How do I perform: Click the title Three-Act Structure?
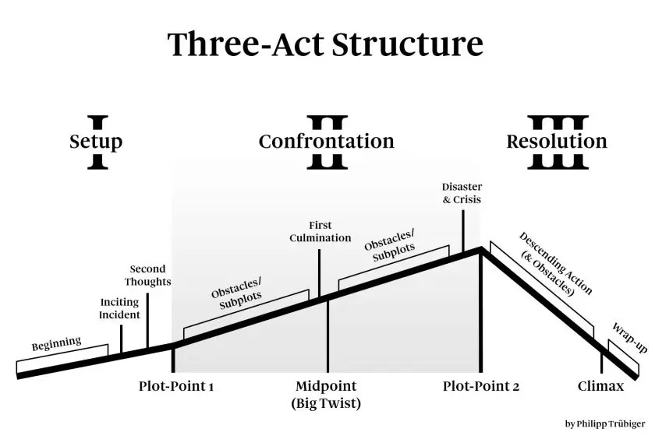(326, 44)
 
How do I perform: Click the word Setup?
(96, 142)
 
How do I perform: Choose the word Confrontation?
(326, 142)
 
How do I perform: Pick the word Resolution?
(556, 142)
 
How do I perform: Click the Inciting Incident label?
(120, 309)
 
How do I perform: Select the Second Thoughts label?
(147, 276)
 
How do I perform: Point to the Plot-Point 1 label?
(176, 386)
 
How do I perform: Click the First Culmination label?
(320, 232)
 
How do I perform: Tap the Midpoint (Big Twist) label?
(326, 395)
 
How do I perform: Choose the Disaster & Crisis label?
(462, 194)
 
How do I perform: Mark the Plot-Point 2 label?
(480, 386)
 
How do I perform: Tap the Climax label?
(600, 386)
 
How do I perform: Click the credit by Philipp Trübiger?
(604, 424)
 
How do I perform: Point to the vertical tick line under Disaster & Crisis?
(463, 230)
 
